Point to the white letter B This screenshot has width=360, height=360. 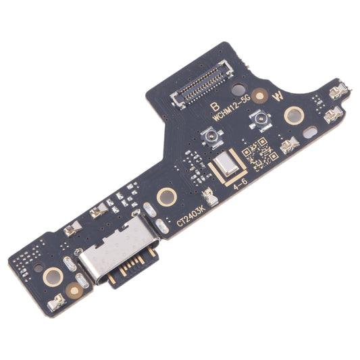tap(215, 106)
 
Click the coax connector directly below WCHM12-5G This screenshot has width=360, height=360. tap(258, 124)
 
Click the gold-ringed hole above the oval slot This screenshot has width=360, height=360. tap(293, 115)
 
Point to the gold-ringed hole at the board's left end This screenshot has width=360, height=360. tap(52, 276)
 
